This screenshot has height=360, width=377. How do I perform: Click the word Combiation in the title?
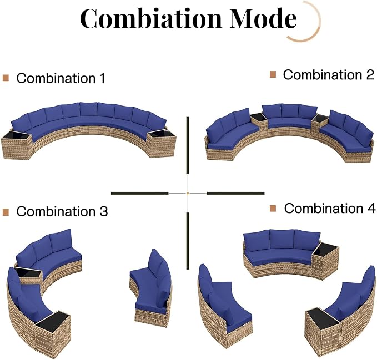click(x=151, y=18)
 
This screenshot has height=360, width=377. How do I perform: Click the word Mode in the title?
click(x=263, y=18)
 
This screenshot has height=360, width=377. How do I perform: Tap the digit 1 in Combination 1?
click(x=102, y=78)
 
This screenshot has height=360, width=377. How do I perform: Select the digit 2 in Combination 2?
click(x=370, y=75)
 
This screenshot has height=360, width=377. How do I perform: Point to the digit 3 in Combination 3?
click(x=104, y=211)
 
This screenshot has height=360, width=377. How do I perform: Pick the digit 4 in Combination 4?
click(x=371, y=208)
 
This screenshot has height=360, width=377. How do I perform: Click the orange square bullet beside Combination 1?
click(x=6, y=78)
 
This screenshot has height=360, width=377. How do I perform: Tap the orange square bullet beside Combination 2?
click(x=273, y=74)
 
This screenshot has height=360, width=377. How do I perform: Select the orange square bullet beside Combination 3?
click(x=6, y=212)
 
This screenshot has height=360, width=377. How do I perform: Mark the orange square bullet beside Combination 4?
click(x=273, y=209)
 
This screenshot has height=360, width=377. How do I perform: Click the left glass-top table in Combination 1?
click(x=16, y=144)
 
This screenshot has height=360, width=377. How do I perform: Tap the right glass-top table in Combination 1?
click(x=162, y=143)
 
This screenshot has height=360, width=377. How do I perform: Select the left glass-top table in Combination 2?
click(x=259, y=122)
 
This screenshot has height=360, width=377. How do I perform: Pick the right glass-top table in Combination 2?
click(x=320, y=123)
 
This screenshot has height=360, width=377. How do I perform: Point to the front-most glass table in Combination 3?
click(x=52, y=334)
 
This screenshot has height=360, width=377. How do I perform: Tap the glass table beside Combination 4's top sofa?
click(x=325, y=260)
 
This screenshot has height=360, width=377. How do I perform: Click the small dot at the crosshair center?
click(x=188, y=193)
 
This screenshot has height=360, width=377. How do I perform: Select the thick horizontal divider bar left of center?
click(x=140, y=193)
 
